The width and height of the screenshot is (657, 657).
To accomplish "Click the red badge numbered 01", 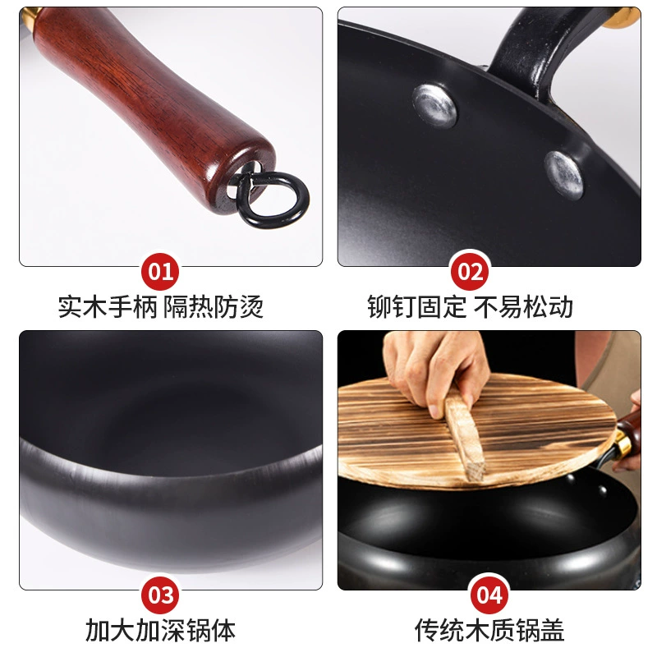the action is click(160, 272).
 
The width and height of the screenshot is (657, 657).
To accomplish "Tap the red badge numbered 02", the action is click(470, 272).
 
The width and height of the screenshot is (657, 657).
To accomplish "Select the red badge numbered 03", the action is click(160, 595).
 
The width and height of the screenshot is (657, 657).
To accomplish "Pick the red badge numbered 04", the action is click(489, 595).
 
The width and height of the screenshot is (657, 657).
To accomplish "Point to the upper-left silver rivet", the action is click(435, 105).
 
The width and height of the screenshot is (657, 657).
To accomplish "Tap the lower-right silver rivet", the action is click(563, 174).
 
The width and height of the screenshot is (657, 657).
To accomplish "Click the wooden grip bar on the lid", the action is click(464, 436).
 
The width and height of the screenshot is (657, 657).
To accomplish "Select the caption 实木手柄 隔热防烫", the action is click(160, 306).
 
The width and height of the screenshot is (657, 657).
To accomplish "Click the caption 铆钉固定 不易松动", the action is click(470, 306).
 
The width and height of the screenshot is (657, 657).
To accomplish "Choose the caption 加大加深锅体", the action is click(160, 630).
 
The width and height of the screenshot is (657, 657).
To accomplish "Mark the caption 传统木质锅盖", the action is click(489, 630).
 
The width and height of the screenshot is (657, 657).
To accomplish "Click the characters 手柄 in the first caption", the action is click(133, 306).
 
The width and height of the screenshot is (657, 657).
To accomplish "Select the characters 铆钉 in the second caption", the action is click(392, 306).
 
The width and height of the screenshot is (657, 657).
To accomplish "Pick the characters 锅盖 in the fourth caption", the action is click(540, 630).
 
